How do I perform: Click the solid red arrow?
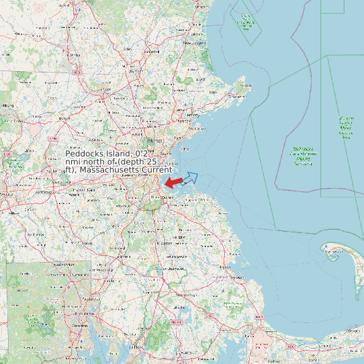click(x=173, y=183)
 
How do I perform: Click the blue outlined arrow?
click(x=190, y=178)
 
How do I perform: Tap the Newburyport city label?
click(x=195, y=43)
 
